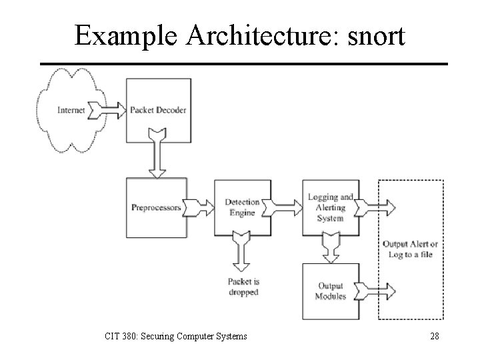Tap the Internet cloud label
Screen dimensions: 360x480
point(71,110)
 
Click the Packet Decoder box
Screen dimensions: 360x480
point(159,110)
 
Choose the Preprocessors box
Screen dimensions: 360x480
point(156,207)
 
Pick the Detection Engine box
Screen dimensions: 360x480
point(242,207)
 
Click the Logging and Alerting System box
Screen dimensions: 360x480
point(331,207)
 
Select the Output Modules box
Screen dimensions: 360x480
point(331,291)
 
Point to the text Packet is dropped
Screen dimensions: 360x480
point(243,287)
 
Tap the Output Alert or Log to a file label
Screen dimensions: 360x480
point(409,249)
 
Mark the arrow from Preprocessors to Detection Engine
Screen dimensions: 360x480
point(198,207)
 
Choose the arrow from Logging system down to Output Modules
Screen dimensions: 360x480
point(331,249)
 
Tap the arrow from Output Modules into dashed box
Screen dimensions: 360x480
point(376,291)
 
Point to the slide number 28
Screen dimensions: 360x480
point(434,336)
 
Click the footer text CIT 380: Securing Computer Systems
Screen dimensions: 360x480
point(175,336)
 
